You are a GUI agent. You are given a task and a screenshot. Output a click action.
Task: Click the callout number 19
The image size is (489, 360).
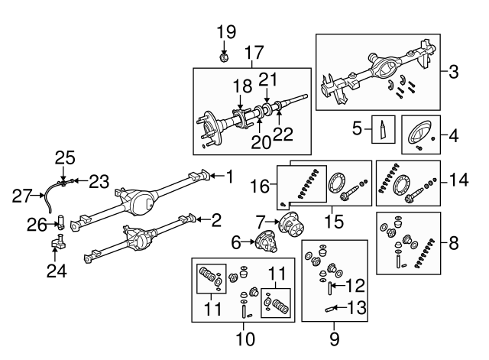point(225,32)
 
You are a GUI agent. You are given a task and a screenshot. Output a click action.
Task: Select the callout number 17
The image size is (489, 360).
point(254,54)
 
